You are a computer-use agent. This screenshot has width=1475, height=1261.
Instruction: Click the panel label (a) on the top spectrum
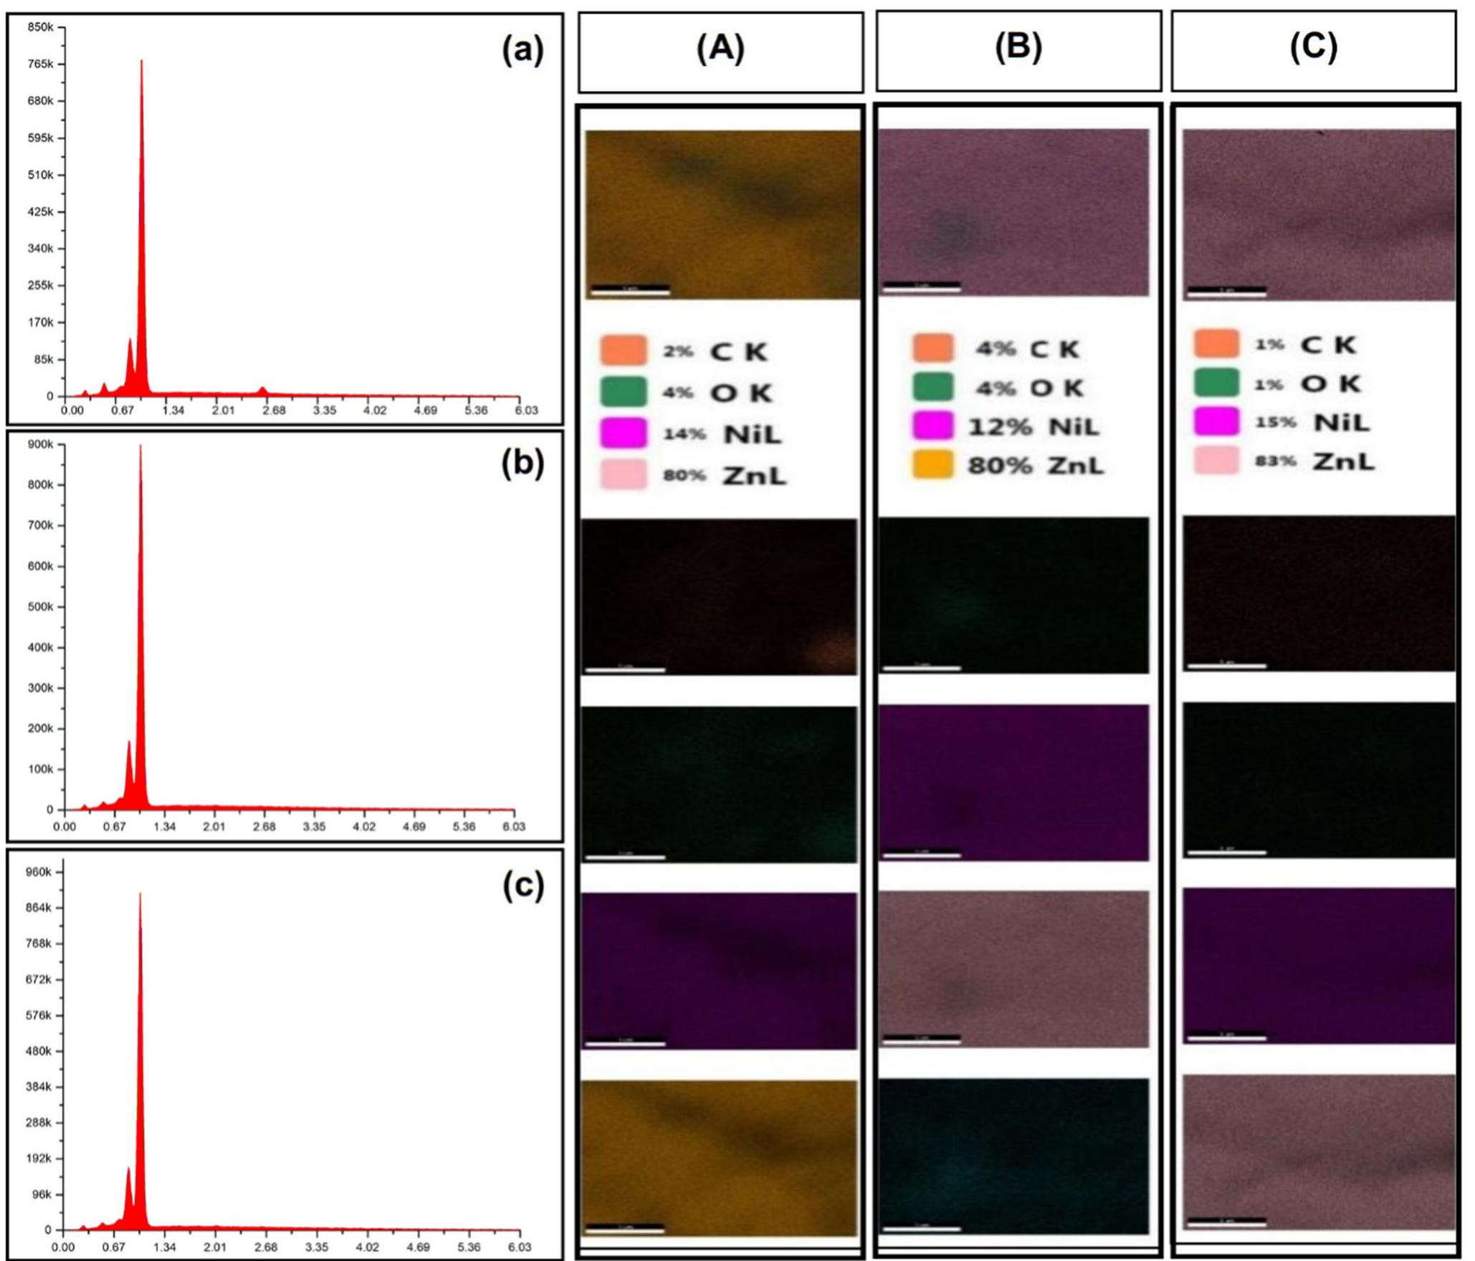coord(522,52)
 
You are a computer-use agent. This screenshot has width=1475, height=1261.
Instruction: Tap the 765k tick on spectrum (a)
coord(40,64)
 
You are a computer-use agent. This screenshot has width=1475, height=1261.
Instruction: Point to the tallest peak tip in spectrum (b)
coord(140,446)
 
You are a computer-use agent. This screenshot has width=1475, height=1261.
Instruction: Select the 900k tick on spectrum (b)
coord(40,445)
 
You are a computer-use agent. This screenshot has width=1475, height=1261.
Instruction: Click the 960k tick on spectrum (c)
coord(39,872)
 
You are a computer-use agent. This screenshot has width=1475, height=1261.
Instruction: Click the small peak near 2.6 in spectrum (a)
coord(263,389)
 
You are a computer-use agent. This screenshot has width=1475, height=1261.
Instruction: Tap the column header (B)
coord(1018,47)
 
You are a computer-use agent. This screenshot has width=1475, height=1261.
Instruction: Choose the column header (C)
coord(1313,47)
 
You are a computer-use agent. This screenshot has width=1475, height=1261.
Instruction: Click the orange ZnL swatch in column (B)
coord(932,464)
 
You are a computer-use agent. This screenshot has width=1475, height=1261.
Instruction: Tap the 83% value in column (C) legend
coord(1275,461)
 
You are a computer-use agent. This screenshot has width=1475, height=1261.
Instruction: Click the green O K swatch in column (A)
coord(624,392)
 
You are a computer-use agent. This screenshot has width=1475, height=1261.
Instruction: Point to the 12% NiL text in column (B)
coord(1033,427)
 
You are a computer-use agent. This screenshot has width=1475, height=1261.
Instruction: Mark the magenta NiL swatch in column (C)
coord(1216,421)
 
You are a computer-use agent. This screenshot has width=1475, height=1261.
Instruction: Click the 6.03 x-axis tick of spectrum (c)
coord(519,1247)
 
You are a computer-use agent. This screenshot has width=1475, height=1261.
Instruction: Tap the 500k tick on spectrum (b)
coord(40,607)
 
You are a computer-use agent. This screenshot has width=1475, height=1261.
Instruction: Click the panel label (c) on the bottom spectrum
coord(522,886)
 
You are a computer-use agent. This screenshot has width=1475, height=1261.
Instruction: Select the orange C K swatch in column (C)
coord(1216,343)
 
